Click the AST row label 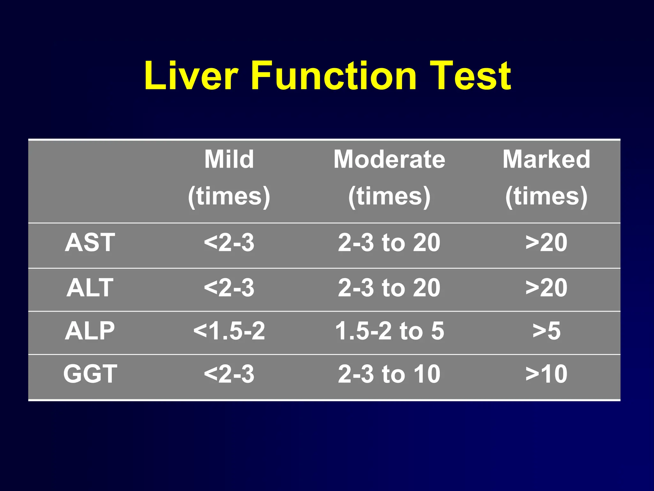[x=90, y=243]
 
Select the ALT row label [x=90, y=288]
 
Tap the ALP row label [x=90, y=331]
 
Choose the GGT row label [x=90, y=374]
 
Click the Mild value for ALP [x=229, y=331]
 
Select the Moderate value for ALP [x=389, y=331]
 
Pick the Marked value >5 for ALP [x=546, y=331]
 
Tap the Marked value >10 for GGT [x=546, y=374]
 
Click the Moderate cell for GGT [x=389, y=374]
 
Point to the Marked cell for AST [x=546, y=243]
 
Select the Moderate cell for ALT [x=389, y=288]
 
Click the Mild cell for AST [x=229, y=243]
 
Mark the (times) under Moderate [x=389, y=196]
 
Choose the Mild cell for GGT [x=229, y=374]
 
